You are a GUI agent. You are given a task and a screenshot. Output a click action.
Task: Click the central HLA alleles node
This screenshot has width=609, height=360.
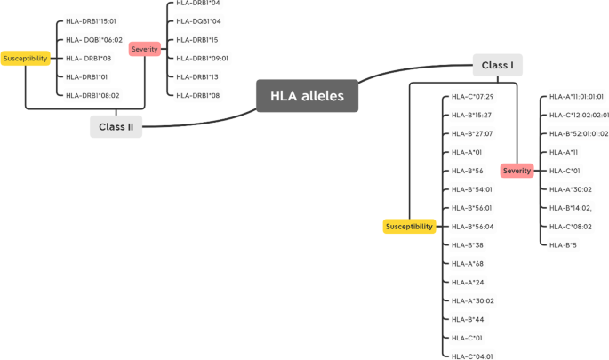pyautogui.click(x=307, y=96)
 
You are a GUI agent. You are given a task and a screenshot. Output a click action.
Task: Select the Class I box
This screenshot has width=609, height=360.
pyautogui.click(x=497, y=65)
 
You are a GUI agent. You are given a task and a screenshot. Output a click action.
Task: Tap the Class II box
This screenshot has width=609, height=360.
pyautogui.click(x=116, y=127)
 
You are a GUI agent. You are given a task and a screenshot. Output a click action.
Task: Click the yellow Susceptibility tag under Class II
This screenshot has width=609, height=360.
pyautogui.click(x=25, y=58)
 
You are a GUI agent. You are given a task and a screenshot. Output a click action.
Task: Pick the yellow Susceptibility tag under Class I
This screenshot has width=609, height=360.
pyautogui.click(x=408, y=227)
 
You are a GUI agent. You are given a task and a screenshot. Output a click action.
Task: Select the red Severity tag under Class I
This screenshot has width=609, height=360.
pyautogui.click(x=517, y=171)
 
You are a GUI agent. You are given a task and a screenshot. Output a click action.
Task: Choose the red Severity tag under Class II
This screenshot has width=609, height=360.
pyautogui.click(x=144, y=49)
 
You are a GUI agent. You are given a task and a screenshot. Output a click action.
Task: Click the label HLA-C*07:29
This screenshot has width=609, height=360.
pyautogui.click(x=472, y=96)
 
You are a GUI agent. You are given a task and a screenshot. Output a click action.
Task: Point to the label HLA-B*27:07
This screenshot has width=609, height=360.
pyautogui.click(x=471, y=133)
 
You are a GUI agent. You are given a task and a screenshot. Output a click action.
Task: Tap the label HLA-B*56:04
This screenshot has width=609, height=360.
pyautogui.click(x=472, y=227)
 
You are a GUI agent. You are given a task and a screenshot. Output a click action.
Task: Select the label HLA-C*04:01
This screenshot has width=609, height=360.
pyautogui.click(x=472, y=356)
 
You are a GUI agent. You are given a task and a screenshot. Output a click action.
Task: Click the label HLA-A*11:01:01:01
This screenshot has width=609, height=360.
pyautogui.click(x=576, y=96)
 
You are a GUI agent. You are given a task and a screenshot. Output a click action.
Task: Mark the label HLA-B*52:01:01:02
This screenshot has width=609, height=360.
pyautogui.click(x=578, y=133)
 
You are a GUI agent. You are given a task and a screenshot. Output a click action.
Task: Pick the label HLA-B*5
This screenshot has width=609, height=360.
pyautogui.click(x=563, y=245)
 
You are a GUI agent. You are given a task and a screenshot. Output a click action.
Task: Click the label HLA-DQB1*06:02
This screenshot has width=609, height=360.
pyautogui.click(x=94, y=39)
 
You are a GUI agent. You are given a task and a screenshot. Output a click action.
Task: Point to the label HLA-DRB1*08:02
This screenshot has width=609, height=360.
pyautogui.click(x=92, y=95)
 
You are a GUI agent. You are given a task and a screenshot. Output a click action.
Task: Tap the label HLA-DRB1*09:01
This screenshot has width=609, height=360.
pyautogui.click(x=202, y=58)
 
